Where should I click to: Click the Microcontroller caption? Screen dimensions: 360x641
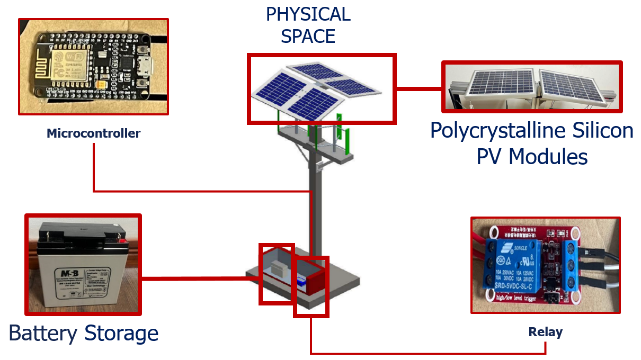click(x=93, y=133)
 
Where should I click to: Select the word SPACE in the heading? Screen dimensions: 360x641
click(x=308, y=37)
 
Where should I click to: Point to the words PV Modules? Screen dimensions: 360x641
click(x=532, y=157)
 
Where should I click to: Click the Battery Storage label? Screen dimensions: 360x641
click(x=84, y=334)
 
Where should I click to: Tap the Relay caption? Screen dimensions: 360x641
click(x=545, y=332)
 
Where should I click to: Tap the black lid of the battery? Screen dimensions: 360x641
click(x=82, y=233)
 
